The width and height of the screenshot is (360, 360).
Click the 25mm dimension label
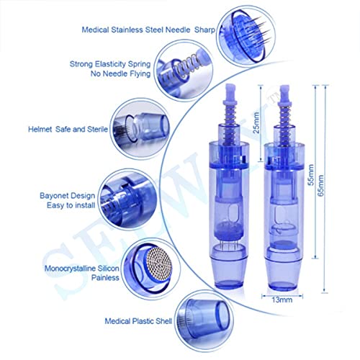256,123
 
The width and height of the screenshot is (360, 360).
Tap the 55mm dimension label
310,174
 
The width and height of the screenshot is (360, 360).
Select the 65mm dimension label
320,186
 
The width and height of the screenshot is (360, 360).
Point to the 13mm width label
282,300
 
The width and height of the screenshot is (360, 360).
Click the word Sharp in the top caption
204,30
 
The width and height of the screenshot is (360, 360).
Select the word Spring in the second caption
139,64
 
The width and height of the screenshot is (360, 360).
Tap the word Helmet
40,130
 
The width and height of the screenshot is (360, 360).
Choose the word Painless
105,278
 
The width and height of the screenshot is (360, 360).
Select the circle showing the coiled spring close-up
184,70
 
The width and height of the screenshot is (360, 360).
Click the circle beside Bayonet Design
127,199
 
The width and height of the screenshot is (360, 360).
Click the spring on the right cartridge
285,124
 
